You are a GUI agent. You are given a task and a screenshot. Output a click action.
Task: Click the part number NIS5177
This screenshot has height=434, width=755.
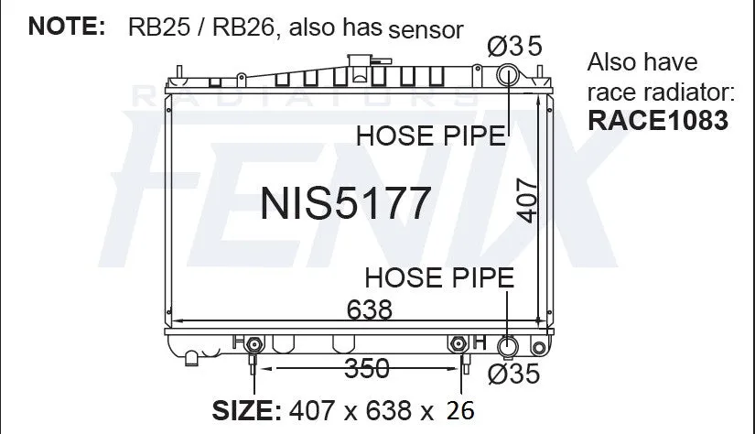click(x=345, y=202)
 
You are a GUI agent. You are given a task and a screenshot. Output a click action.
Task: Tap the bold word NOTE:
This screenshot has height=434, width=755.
click(x=67, y=26)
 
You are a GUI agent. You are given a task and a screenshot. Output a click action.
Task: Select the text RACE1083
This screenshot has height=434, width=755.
click(x=658, y=121)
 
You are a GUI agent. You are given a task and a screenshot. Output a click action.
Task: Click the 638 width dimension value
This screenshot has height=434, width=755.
click(x=370, y=309)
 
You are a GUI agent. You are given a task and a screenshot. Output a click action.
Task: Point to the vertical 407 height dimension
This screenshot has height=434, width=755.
click(x=527, y=201)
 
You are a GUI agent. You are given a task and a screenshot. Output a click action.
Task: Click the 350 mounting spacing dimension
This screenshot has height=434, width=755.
click(x=367, y=368)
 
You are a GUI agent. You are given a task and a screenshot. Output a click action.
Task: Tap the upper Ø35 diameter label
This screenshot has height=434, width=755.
click(x=514, y=47)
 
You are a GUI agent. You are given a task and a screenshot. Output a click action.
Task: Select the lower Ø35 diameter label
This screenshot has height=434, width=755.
click(x=513, y=374)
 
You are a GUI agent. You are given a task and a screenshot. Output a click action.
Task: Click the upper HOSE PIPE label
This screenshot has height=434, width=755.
click(x=431, y=136)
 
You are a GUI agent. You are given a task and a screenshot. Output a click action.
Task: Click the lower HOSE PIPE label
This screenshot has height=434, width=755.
click(x=439, y=278)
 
